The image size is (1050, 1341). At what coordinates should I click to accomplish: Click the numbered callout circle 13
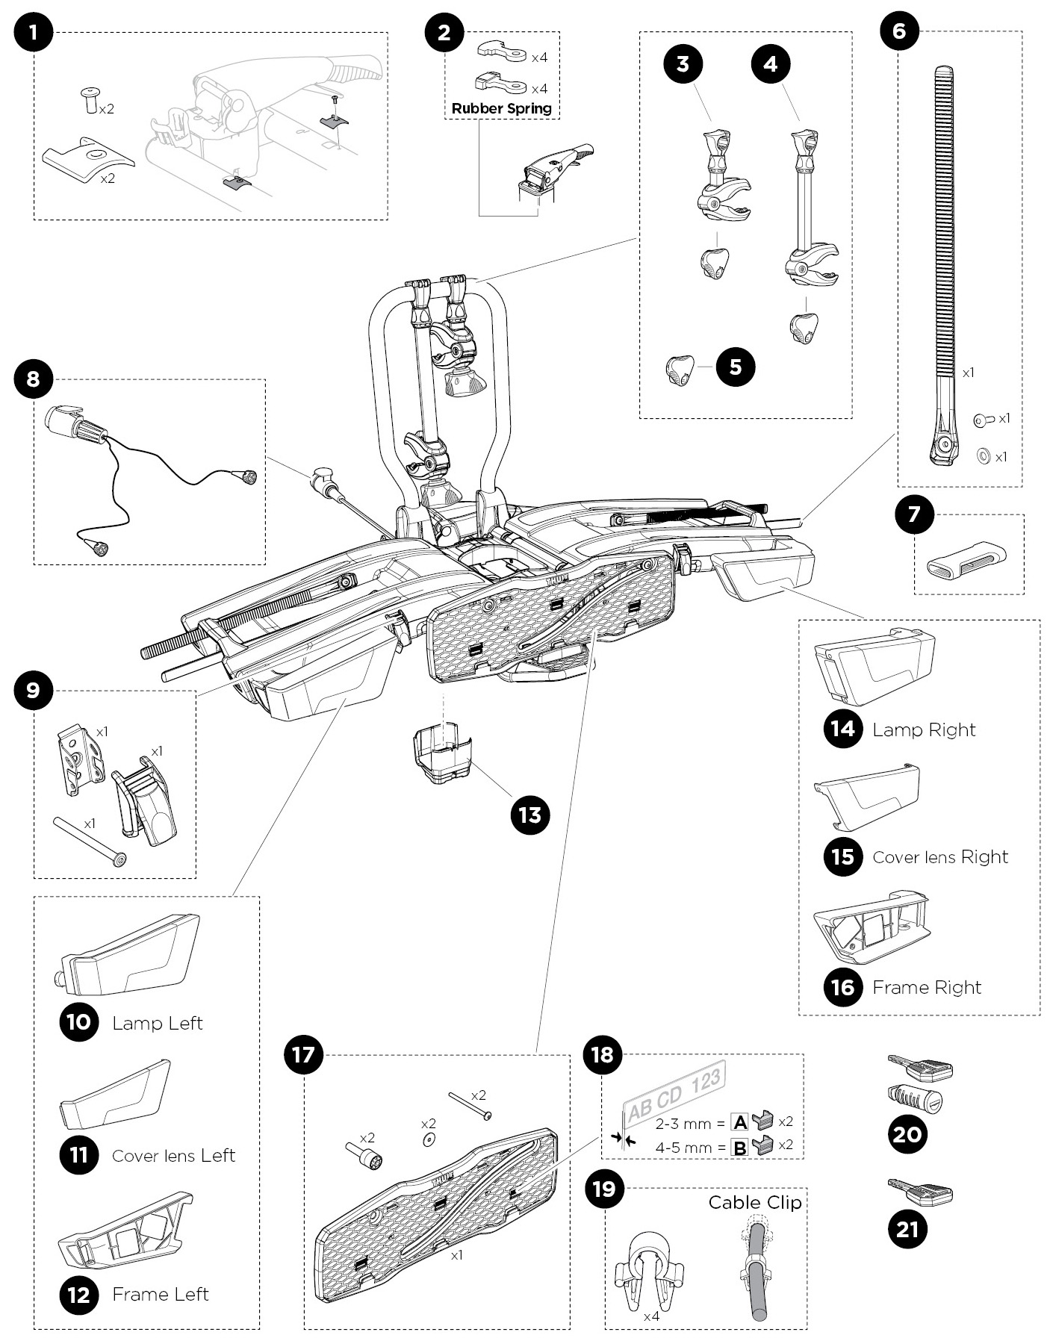[x=529, y=815]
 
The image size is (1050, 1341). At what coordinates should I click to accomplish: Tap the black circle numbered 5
[x=735, y=367]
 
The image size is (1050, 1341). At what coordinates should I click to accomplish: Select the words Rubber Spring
[x=501, y=108]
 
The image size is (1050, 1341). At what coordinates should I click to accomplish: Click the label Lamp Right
[x=924, y=729]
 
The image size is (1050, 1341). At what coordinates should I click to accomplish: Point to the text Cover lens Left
[x=173, y=1155]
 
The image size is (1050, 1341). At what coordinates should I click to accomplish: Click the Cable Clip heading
[x=754, y=1202]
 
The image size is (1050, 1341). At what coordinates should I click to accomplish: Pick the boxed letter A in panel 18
[x=740, y=1122]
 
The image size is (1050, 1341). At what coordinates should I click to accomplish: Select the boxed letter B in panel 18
[x=740, y=1148]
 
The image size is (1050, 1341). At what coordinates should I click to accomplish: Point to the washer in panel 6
[x=984, y=455]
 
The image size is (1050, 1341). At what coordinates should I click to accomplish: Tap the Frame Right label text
[x=926, y=987]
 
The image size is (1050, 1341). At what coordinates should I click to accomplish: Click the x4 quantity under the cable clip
[x=651, y=1316]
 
